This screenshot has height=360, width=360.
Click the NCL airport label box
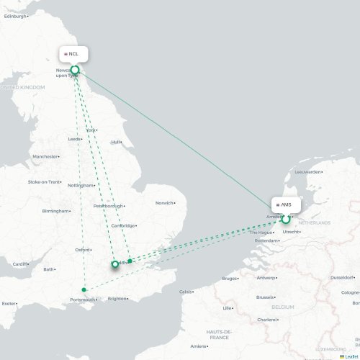point(74,54)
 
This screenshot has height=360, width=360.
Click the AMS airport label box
point(283,204)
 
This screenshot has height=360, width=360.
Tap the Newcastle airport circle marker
point(75,70)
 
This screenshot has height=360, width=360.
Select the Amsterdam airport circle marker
point(286,219)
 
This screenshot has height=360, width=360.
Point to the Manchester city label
point(45,156)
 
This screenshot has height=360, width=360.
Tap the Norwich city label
point(164,202)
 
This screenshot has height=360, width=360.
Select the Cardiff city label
point(20,264)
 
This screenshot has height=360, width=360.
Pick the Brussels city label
point(265,297)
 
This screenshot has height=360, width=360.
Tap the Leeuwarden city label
point(307,172)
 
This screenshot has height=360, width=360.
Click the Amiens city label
point(197,346)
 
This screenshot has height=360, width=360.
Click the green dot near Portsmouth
point(84,290)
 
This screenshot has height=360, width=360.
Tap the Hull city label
point(115,142)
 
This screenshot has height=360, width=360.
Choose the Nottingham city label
point(80,185)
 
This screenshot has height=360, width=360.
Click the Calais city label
point(186,292)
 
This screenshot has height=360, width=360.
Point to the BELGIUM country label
point(283,307)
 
